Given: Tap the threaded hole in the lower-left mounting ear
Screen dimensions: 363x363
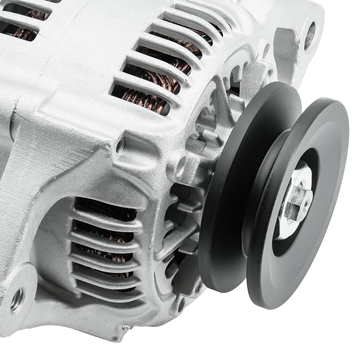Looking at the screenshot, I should pos(17,299).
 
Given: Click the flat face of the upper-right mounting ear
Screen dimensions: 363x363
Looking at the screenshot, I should pos(290,50).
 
